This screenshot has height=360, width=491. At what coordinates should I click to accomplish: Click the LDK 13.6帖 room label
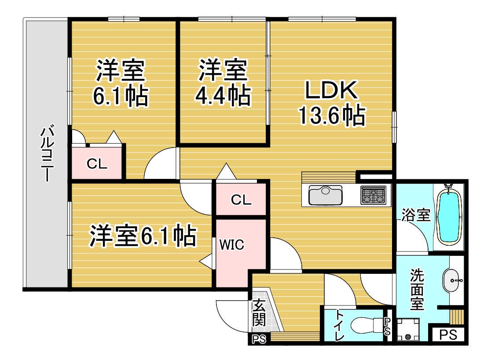tap(332, 103)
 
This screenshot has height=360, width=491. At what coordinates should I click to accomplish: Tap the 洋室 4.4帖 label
tap(223, 83)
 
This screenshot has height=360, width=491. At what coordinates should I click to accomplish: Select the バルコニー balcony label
tap(48, 153)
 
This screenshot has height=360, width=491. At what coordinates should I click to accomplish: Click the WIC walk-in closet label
tap(232, 245)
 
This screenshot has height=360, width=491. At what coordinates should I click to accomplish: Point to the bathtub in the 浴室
tap(449, 216)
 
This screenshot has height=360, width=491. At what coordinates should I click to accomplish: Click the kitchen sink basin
tap(325, 195)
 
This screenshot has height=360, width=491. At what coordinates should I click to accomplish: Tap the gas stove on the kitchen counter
tap(373, 195)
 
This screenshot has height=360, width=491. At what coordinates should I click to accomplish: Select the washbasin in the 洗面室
tap(452, 280)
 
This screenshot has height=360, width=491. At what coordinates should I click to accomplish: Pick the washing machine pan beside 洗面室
tap(408, 329)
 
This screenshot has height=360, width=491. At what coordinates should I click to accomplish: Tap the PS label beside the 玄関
tap(259, 339)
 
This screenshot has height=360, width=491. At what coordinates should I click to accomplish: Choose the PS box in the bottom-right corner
tap(448, 335)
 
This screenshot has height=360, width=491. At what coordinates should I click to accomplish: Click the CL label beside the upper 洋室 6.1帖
tap(97, 164)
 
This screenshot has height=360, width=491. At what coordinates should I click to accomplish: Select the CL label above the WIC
tap(241, 200)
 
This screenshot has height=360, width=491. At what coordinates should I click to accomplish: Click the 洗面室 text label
tap(417, 289)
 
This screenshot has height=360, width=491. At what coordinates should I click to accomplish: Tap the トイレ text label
tap(339, 325)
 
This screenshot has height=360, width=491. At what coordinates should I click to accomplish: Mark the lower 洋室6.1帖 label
tap(143, 236)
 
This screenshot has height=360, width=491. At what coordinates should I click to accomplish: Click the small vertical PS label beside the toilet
tap(387, 326)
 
